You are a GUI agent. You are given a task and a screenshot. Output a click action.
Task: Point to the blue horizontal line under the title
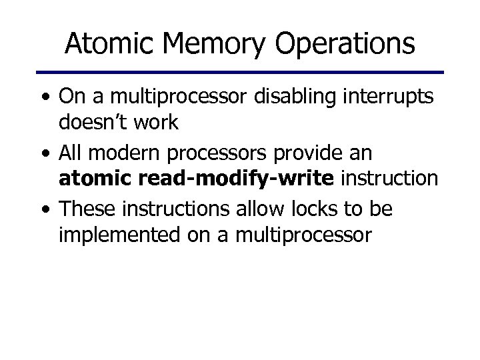click(x=239, y=71)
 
